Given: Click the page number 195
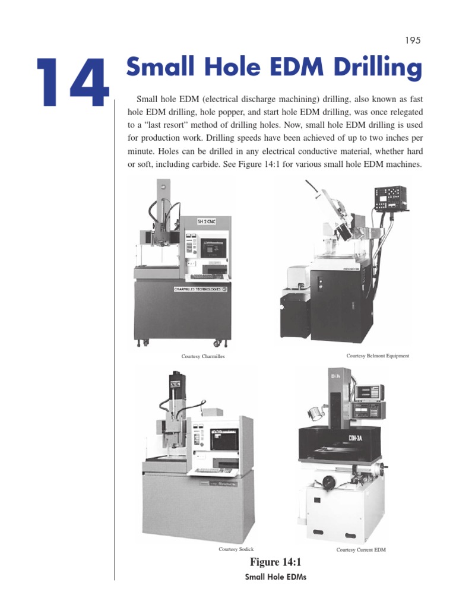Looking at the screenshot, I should pos(413,40).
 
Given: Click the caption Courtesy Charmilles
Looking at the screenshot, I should pos(203,356).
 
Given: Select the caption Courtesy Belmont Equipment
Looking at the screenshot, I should pos(378,356).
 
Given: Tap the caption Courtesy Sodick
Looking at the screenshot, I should pos(236,549).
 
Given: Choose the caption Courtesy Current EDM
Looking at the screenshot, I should pos(361,550).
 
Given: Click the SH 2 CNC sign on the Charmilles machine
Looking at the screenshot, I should pos(208,222).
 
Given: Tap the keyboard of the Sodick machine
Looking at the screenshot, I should pos(214,470).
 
